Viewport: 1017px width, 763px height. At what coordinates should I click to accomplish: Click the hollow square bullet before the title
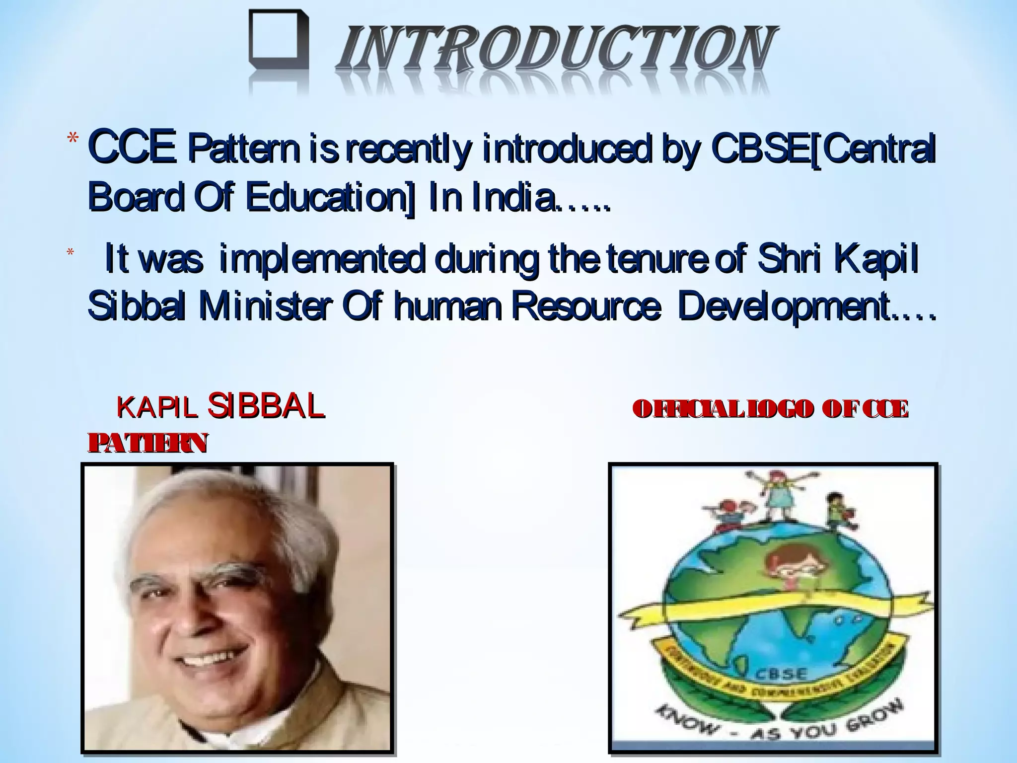tap(278, 42)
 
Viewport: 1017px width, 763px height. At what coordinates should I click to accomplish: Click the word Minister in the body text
tap(263, 306)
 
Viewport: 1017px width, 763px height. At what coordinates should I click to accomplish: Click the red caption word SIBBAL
tap(266, 406)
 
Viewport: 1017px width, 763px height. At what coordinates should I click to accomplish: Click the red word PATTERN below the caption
tap(147, 443)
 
